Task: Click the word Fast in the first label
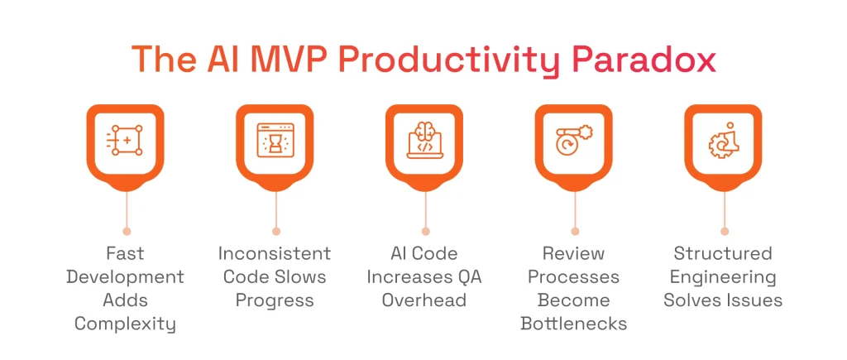[126, 253]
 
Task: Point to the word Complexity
[126, 324]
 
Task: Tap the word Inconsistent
[275, 253]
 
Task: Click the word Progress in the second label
[275, 300]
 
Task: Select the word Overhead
[424, 300]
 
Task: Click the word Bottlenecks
[574, 324]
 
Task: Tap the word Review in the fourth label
[574, 253]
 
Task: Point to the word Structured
[723, 253]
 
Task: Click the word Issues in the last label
[755, 300]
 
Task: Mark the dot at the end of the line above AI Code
[425, 231]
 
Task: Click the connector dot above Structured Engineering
[725, 231]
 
